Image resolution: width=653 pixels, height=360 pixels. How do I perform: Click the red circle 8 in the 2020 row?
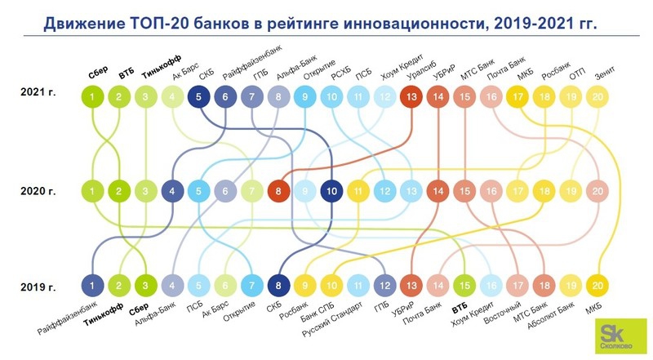[279, 192]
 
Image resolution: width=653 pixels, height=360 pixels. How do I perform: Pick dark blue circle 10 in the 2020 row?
[331, 192]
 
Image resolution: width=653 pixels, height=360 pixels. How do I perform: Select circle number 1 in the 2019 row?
[93, 285]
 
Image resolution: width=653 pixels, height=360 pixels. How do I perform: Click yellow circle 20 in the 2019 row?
[597, 285]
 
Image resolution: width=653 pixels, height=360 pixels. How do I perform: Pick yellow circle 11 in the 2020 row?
[358, 192]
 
